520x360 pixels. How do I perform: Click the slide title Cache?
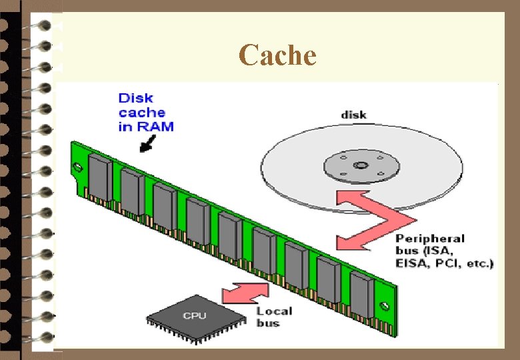point(277,55)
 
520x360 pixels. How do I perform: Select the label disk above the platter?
point(353,115)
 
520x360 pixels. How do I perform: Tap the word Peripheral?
point(431,239)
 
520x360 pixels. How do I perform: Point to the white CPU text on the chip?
point(195,315)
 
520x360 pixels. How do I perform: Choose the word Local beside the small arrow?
point(274,311)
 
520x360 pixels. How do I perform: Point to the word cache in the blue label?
point(141,112)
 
